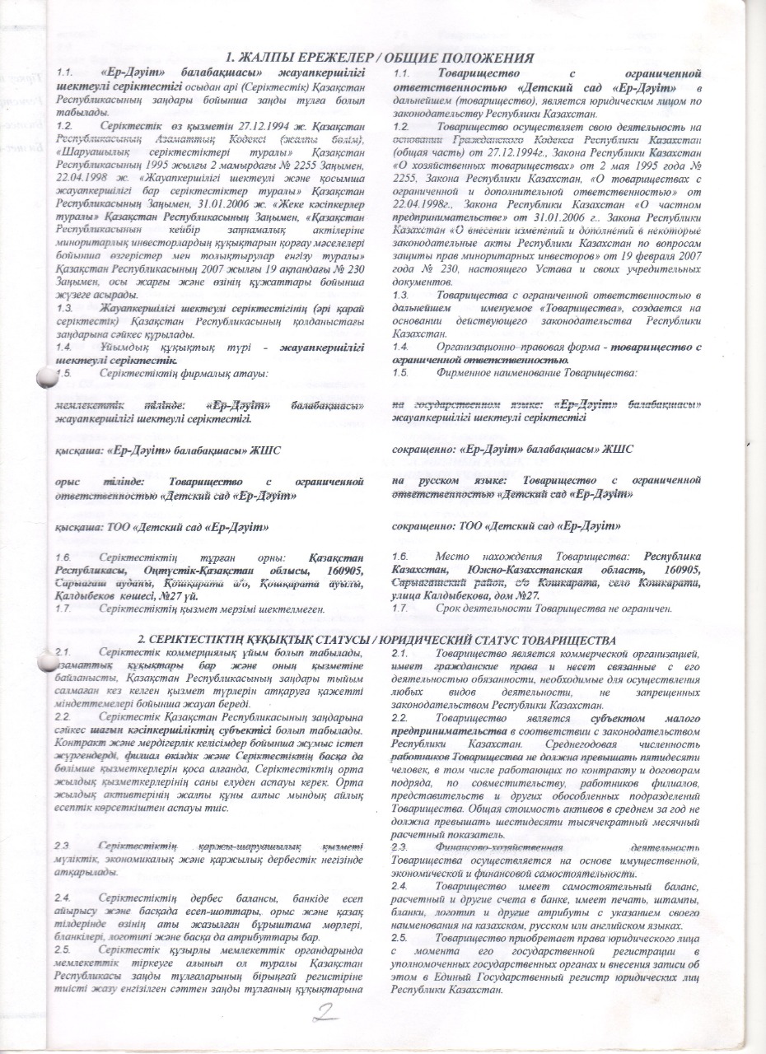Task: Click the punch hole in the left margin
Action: [46, 378]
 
